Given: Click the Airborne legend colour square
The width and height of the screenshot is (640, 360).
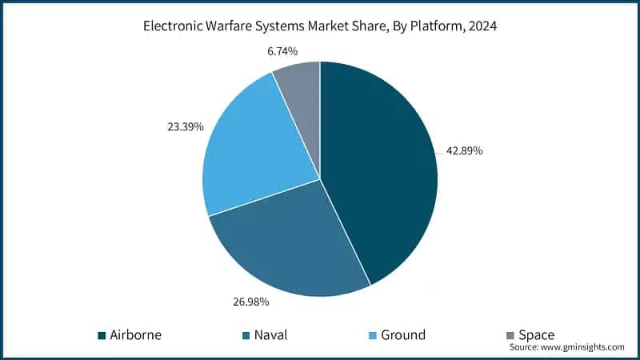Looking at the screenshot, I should coord(102,335).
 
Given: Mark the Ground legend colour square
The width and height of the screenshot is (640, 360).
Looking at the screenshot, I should coord(374,335).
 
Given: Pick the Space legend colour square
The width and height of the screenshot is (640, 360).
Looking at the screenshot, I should coord(510,335).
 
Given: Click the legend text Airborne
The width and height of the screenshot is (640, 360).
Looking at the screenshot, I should coord(136,335).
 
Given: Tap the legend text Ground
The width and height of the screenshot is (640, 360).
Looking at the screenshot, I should coord(404,335).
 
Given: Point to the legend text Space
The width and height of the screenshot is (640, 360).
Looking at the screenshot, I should coord(536,335).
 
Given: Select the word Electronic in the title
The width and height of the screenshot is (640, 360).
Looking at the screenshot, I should coord(174,26).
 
